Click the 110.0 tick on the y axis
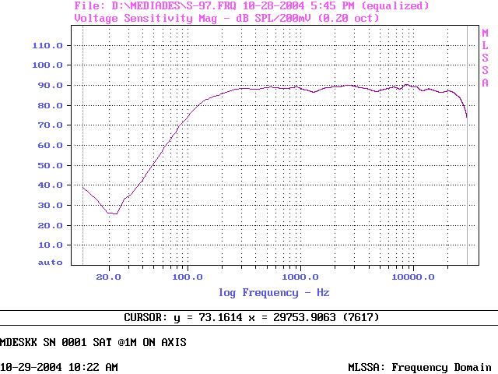pyautogui.click(x=47, y=45)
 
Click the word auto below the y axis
pyautogui.click(x=50, y=263)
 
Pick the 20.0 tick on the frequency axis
pyautogui.click(x=109, y=276)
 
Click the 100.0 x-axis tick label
pyautogui.click(x=187, y=276)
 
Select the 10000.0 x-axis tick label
pyautogui.click(x=412, y=276)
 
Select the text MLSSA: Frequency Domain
pyautogui.click(x=419, y=367)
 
